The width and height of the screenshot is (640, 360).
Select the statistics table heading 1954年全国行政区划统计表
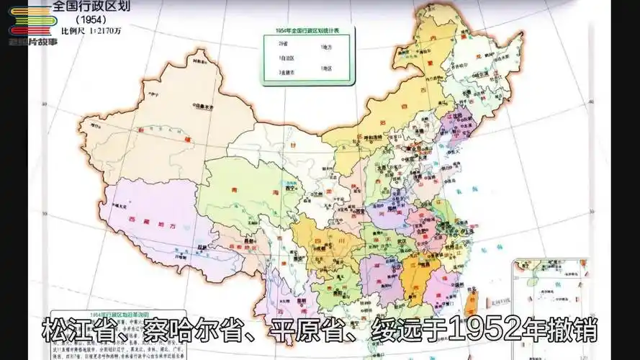[x=302, y=31]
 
